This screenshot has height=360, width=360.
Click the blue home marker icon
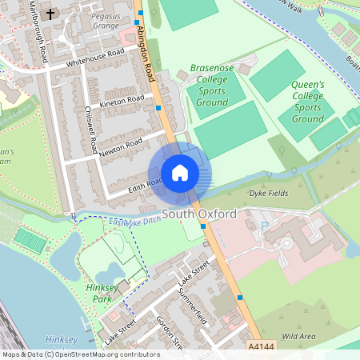pos(180,173)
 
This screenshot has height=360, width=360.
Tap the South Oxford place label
pos(199,214)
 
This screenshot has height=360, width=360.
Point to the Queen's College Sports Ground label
pos(307,101)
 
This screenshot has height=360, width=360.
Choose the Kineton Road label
pos(122,102)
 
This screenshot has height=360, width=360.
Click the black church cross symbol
pos(51,14)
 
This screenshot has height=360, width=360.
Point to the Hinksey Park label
pos(99,292)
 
